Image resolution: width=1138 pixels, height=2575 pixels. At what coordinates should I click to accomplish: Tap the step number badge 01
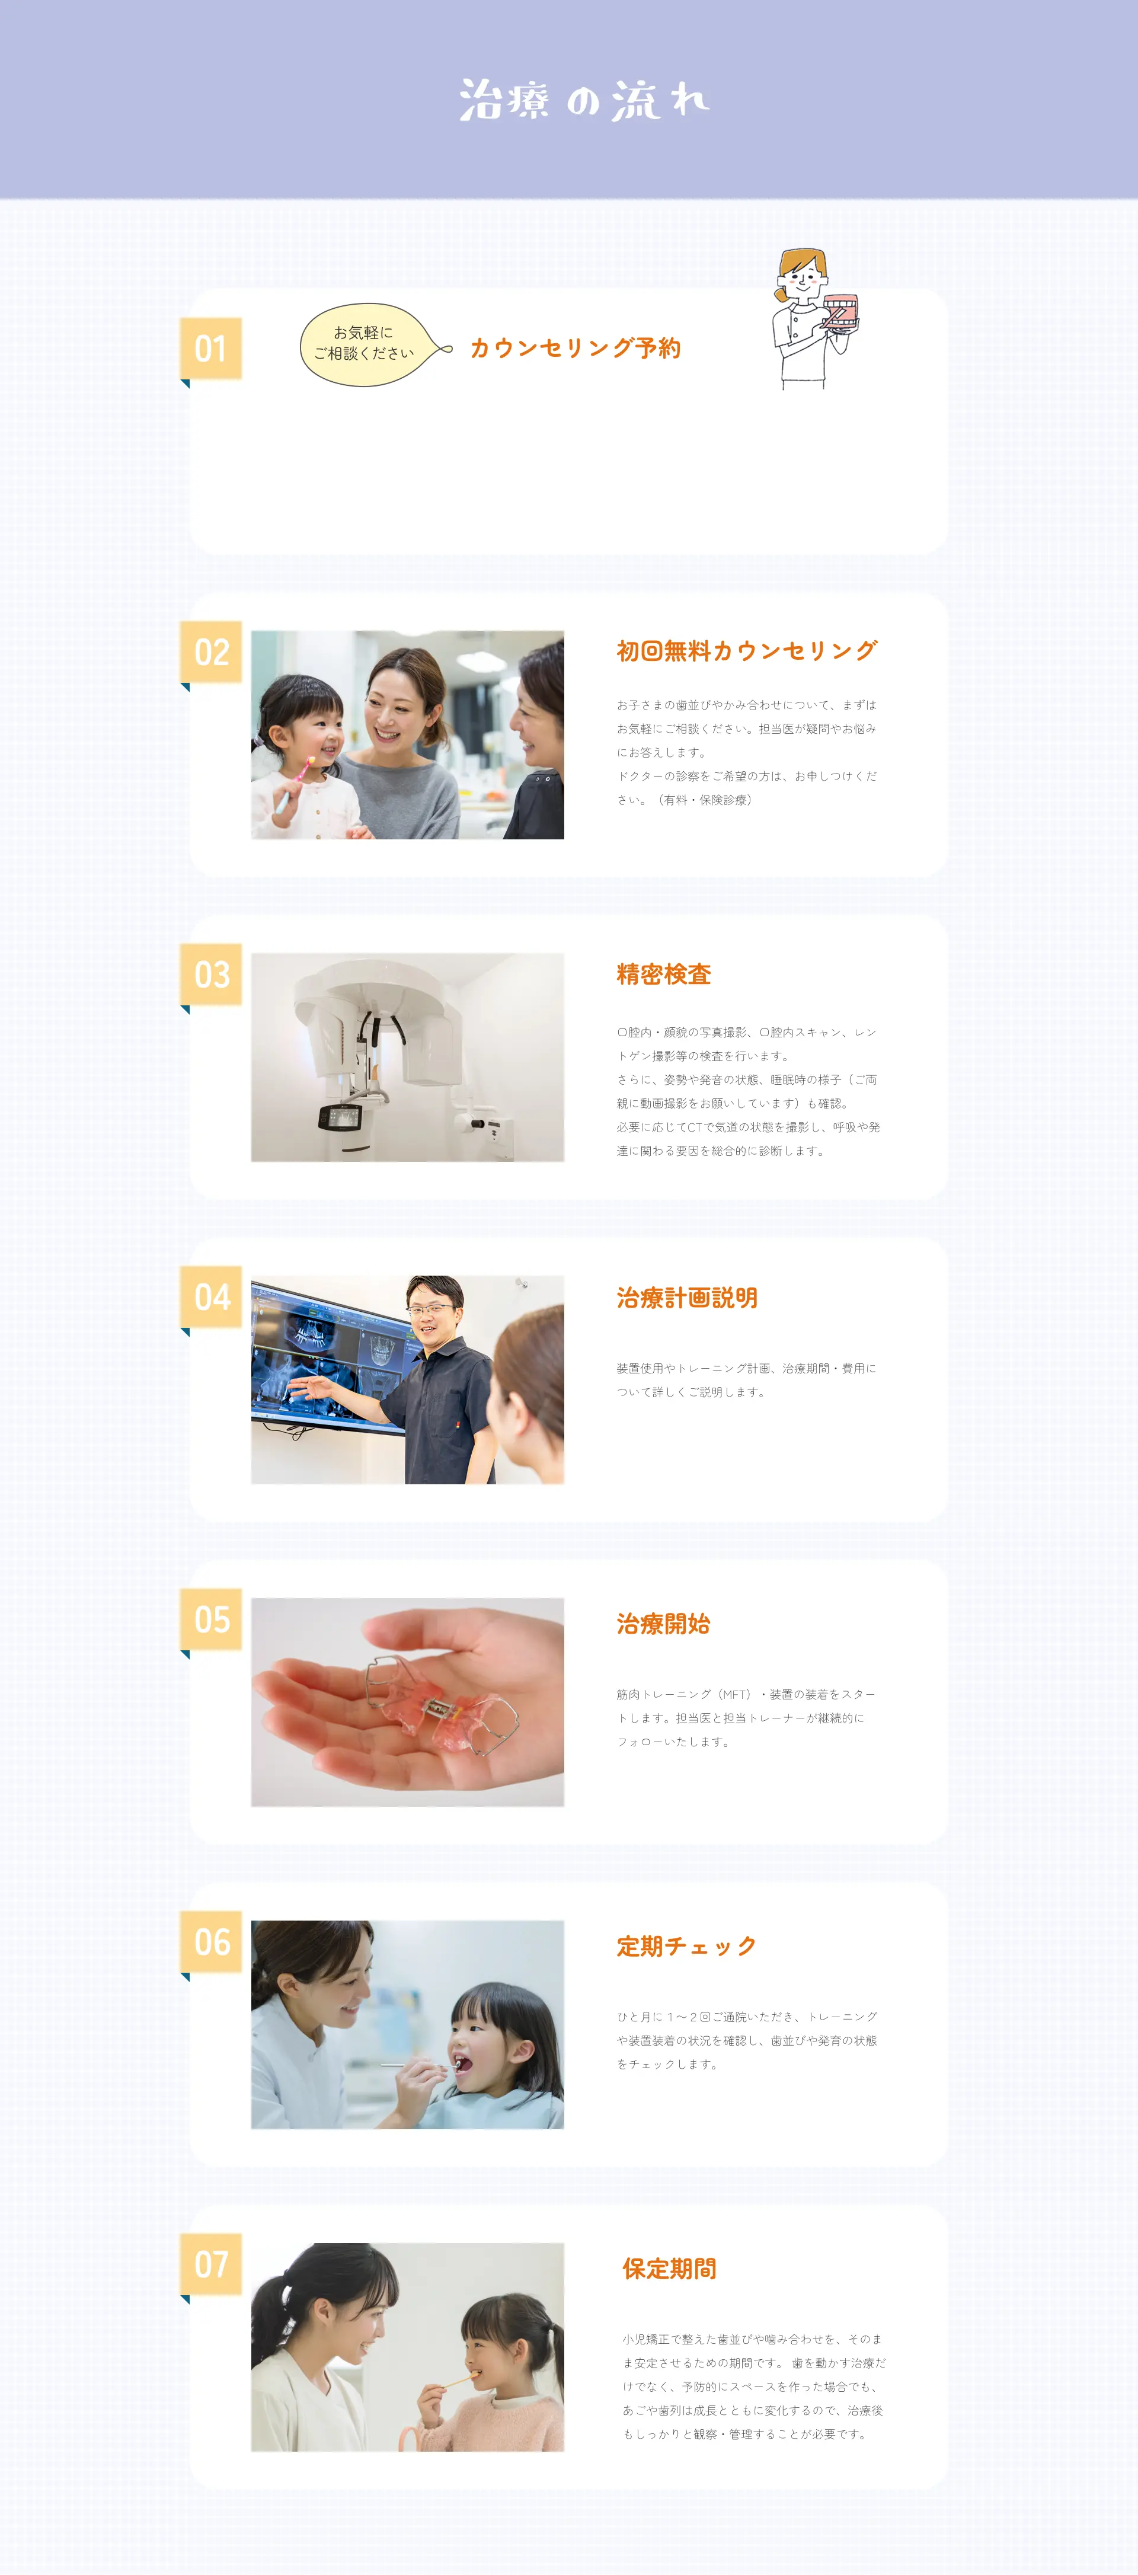coord(211,349)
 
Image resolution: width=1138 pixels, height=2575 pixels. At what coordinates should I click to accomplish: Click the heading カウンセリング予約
coord(576,348)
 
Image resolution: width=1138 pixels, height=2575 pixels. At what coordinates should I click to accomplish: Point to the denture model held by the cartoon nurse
coord(839,310)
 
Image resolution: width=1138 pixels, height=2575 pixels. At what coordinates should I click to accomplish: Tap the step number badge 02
coord(211,651)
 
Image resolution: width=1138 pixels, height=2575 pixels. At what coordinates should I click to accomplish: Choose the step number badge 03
coord(211,975)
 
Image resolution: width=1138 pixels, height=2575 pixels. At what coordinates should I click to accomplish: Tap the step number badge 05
coord(211,1619)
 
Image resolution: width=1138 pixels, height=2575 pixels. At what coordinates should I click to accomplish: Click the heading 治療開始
coord(663,1624)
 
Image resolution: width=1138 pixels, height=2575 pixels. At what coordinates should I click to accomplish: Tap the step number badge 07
coord(211,2265)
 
